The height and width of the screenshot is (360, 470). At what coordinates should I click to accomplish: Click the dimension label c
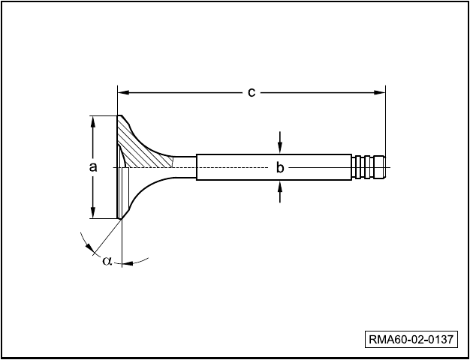pos(252,93)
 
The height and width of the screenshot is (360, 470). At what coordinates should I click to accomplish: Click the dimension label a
pos(93,167)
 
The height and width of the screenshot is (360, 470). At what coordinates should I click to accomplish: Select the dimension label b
pos(279,168)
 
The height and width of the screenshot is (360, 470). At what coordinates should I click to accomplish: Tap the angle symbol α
pos(107,261)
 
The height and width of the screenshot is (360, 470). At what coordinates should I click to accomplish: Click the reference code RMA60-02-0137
pos(411,340)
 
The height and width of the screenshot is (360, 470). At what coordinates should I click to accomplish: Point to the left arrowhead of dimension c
pos(123,92)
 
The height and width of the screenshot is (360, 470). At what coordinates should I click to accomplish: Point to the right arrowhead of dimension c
pos(380,92)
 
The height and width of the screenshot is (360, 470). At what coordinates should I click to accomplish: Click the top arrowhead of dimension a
pos(93,121)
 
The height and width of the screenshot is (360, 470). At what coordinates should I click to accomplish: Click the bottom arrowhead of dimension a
pos(93,213)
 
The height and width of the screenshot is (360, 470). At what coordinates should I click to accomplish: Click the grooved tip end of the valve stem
pos(369,167)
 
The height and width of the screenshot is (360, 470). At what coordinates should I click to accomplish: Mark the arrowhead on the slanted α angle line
pos(89,247)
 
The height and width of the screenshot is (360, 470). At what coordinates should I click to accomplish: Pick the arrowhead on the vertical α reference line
pos(128,263)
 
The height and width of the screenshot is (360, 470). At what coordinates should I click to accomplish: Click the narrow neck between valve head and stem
pos(185,167)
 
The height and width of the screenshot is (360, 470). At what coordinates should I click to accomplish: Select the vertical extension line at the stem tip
pos(385,121)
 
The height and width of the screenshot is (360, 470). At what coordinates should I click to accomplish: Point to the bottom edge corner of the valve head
pos(121,219)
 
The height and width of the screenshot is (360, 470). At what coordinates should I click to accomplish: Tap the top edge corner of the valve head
pos(120,116)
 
